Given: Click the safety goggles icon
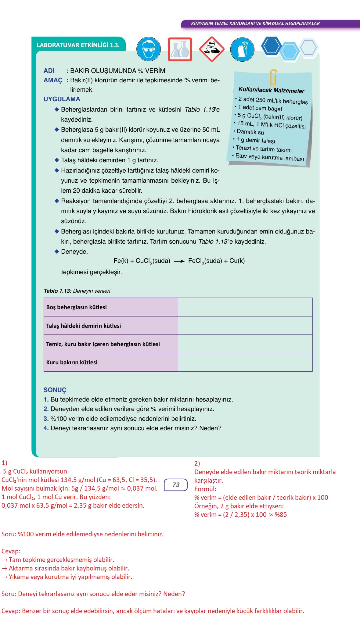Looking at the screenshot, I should [x=148, y=49].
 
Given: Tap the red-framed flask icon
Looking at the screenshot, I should [x=180, y=49].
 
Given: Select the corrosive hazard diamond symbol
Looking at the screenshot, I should [x=211, y=49].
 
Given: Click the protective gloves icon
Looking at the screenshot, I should [x=242, y=49].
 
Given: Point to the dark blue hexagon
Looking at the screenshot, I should [x=271, y=46].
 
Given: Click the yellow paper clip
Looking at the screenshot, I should [x=273, y=77].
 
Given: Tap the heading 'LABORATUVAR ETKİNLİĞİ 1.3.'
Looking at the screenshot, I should [x=78, y=45].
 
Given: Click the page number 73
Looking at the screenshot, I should [x=176, y=485].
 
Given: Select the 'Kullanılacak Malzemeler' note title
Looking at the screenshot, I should [x=271, y=90].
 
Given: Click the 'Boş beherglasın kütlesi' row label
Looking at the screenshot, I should [x=77, y=307].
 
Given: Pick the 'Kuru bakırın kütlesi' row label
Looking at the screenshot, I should [x=72, y=363].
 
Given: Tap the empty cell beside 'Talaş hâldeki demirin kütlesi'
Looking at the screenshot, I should [x=245, y=326].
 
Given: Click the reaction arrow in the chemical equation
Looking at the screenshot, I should [x=179, y=261].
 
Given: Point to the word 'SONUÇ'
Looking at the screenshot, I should [x=55, y=390].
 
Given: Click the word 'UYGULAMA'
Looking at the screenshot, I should [x=62, y=99].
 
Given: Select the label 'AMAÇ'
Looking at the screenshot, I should [x=53, y=80].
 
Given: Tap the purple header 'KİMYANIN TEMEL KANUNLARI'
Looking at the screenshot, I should [x=255, y=23].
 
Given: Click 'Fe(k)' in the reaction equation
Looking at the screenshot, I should [x=121, y=261].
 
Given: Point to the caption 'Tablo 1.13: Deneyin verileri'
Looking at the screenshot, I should [x=77, y=291].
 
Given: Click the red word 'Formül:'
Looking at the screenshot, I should [x=205, y=489].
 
